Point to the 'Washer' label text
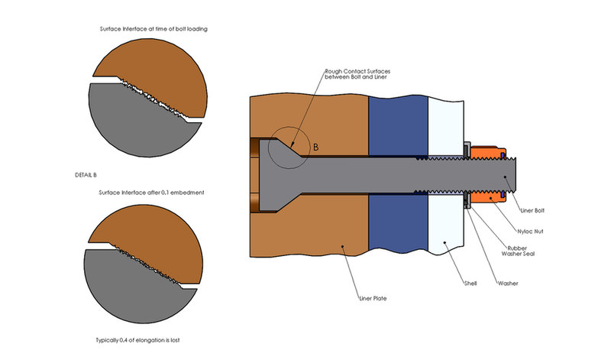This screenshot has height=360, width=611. coord(507,284)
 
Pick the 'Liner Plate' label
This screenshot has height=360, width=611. coord(373,297)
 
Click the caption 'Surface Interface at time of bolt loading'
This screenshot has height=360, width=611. coord(154,29)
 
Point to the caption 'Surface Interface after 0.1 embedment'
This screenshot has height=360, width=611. coord(151,192)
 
